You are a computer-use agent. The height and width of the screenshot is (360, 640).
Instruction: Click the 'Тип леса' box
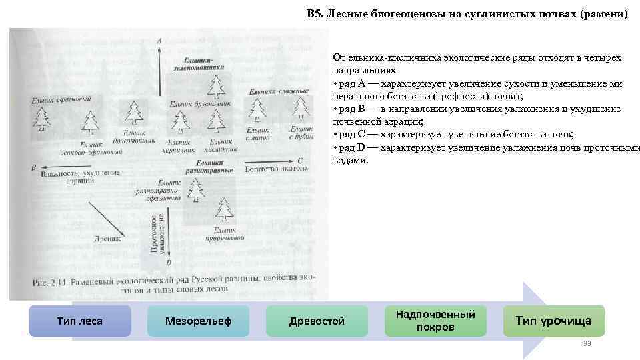click(x=80, y=321)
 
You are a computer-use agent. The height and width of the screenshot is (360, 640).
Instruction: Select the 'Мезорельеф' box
click(x=198, y=321)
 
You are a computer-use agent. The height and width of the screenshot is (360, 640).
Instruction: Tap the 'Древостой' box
click(x=317, y=321)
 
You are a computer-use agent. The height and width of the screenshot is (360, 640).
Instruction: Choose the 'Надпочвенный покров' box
click(x=435, y=320)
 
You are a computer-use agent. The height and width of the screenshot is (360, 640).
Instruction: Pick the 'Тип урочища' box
click(x=553, y=321)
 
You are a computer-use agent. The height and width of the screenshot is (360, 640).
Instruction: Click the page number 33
click(x=587, y=343)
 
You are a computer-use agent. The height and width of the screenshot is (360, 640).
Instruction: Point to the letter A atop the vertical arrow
click(x=159, y=41)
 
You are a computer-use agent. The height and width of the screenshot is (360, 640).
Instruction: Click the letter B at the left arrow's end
click(x=33, y=168)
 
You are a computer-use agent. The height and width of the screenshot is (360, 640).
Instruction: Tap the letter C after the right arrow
click(x=301, y=161)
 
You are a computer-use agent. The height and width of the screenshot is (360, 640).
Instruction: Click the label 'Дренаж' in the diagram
click(x=108, y=238)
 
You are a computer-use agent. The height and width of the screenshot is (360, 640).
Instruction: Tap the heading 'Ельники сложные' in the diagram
click(x=278, y=91)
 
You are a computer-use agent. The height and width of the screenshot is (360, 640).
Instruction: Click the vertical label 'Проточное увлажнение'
click(x=157, y=233)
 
